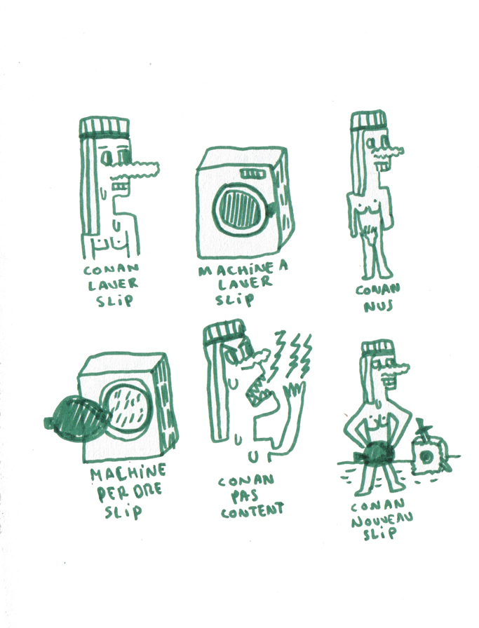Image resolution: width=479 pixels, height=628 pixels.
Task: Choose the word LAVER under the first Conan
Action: pyautogui.click(x=113, y=285)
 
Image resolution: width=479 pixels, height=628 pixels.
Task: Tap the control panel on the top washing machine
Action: pyautogui.click(x=251, y=173)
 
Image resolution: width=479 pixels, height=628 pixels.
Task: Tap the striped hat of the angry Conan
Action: pyautogui.click(x=224, y=332)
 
